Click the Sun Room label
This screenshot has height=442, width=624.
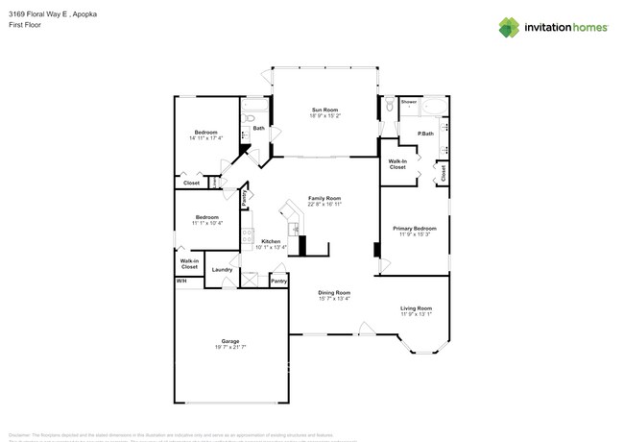(323, 110)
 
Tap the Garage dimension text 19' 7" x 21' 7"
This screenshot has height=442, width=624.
(229, 347)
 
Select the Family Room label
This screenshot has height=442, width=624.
(324, 198)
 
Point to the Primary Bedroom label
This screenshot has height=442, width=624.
(415, 228)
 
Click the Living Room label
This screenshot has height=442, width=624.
(416, 307)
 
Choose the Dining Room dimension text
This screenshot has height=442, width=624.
(334, 298)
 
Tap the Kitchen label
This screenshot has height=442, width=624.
(271, 240)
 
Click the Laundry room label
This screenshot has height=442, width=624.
(222, 270)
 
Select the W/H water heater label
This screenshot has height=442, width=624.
(180, 281)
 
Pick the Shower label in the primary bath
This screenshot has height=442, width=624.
(408, 101)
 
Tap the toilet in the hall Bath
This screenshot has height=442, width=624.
(249, 118)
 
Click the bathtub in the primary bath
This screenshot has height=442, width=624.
(433, 108)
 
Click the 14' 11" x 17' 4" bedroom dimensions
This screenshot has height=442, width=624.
(205, 137)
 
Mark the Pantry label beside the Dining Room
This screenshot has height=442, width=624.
(278, 281)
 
